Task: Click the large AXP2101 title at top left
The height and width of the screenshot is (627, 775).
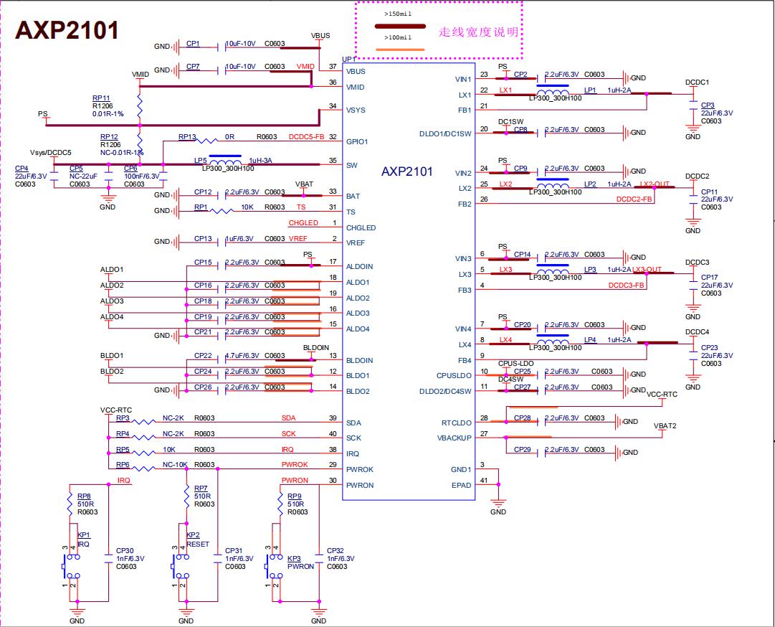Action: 67,30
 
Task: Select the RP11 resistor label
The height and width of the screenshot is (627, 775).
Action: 100,98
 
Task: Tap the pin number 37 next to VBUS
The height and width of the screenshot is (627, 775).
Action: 333,67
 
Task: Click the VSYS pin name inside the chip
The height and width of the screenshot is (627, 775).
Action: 356,110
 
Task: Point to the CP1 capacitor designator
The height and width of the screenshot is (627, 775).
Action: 193,44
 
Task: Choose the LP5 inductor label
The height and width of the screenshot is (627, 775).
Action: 200,161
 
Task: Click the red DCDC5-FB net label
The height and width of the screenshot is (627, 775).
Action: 307,136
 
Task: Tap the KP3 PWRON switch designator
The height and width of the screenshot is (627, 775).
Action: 293,558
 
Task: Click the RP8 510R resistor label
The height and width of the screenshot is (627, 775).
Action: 84,496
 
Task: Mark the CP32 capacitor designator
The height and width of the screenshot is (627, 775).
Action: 336,551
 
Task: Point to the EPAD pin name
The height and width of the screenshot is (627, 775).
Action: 462,485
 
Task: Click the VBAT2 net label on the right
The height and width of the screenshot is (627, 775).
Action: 665,425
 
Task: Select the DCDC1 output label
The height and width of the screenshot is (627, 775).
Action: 697,82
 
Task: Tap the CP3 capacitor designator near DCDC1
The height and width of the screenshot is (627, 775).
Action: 708,105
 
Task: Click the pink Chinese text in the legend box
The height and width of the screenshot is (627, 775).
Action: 477,32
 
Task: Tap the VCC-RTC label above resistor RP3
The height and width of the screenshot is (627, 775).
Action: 118,410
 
